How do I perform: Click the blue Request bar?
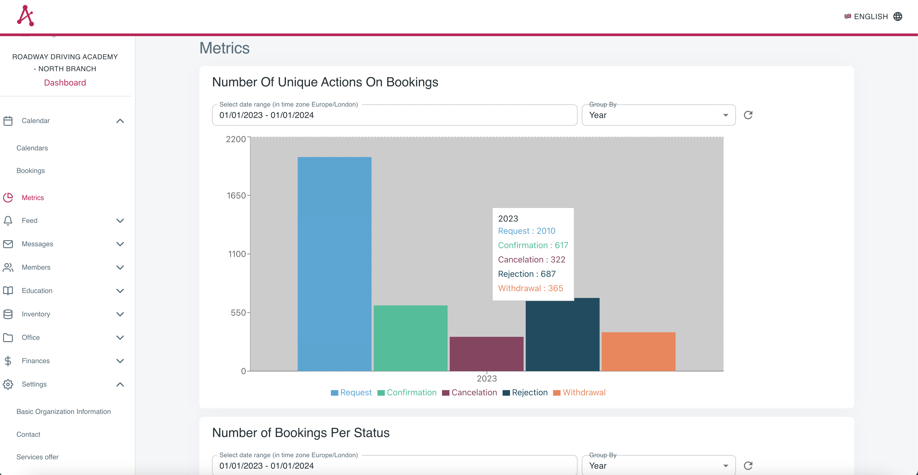tap(334, 264)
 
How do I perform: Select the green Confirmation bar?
tap(410, 338)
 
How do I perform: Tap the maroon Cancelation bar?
tap(486, 354)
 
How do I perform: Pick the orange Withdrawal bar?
tap(638, 351)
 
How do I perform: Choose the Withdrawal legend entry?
tap(579, 392)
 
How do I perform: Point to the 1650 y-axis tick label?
tap(236, 195)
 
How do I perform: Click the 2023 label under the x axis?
tap(486, 378)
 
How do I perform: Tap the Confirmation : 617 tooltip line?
tap(533, 245)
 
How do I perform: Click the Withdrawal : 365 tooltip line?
tap(530, 288)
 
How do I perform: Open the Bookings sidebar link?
tap(31, 171)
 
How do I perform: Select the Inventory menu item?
tap(36, 314)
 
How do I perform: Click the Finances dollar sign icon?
tap(8, 361)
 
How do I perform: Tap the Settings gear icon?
tap(8, 384)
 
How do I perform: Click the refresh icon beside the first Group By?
tap(748, 115)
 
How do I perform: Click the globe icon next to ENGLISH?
tap(898, 16)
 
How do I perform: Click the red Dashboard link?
tap(65, 83)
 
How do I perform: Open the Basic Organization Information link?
tap(64, 412)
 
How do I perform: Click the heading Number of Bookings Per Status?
tap(300, 432)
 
